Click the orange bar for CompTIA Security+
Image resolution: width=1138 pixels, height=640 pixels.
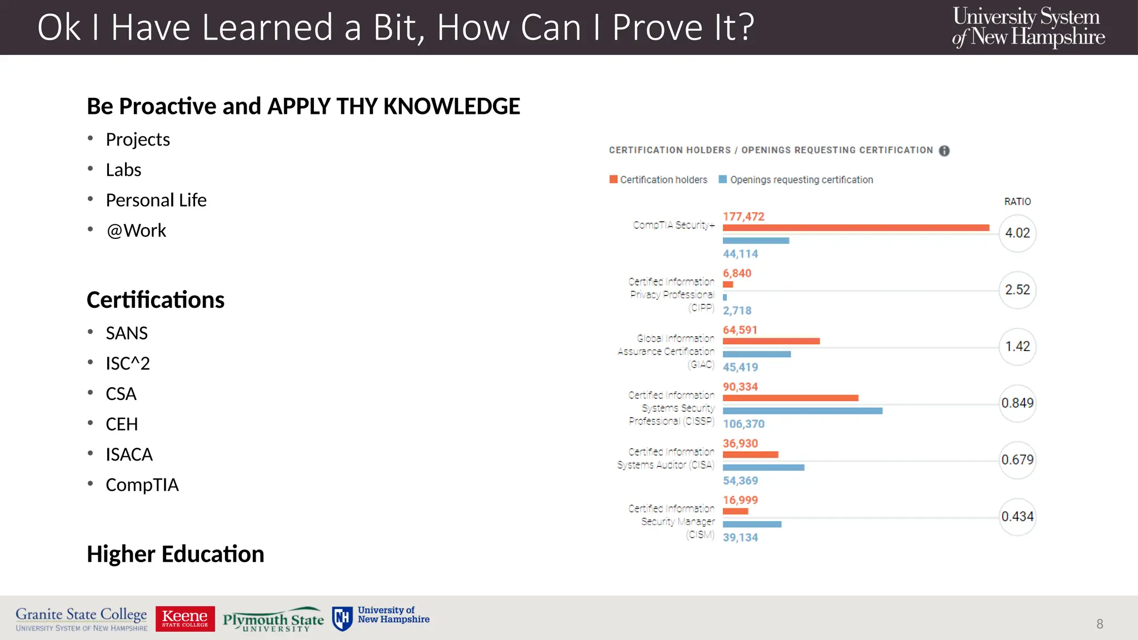point(856,228)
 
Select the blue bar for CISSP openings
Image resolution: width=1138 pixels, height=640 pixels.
point(802,411)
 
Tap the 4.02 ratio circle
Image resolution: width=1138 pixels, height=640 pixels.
point(1017,233)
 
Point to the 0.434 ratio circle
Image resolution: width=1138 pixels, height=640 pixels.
point(1017,517)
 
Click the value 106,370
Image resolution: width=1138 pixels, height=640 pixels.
point(743,424)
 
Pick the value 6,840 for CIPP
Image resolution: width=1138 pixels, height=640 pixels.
point(737,273)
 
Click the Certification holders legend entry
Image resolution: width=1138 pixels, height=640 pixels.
point(658,179)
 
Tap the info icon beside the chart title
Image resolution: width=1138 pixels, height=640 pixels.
point(944,151)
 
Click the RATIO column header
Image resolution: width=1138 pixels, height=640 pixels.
point(1017,202)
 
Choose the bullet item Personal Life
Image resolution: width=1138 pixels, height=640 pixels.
point(156,200)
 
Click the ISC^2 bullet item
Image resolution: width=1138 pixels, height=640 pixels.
point(128,363)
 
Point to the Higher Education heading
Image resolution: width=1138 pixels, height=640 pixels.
point(176,554)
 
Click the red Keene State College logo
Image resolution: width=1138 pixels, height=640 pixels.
point(185,618)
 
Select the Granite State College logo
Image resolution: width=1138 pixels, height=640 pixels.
point(82,619)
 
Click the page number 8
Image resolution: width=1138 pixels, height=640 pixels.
point(1100,624)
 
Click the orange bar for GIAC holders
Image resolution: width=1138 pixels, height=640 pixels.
point(771,341)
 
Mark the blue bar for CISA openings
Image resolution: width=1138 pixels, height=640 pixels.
point(763,468)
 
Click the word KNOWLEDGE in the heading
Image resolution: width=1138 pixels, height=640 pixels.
point(451,106)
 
